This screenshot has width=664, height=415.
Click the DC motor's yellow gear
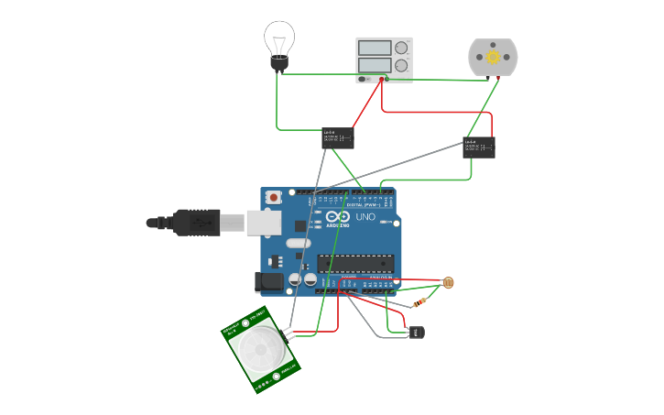click(493, 57)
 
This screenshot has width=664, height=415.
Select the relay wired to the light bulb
click(337, 138)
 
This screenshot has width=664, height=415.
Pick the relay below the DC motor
click(478, 147)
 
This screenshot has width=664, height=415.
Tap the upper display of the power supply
click(375, 48)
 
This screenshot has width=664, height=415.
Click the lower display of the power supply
click(375, 65)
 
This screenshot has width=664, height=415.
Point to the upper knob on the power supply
click(401, 48)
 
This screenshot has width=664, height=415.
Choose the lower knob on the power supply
click(401, 65)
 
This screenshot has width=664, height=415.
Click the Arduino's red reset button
click(273, 198)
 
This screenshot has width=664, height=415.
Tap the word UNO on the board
click(365, 217)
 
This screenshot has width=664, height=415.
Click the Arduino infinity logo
click(336, 216)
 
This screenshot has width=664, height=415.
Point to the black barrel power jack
click(269, 282)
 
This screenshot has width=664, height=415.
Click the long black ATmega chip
click(355, 264)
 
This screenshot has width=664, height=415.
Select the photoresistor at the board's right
click(448, 283)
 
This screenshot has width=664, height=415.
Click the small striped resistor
click(419, 302)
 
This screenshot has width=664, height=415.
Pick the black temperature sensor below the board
click(418, 332)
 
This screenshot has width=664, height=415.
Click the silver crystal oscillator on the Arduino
click(299, 243)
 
